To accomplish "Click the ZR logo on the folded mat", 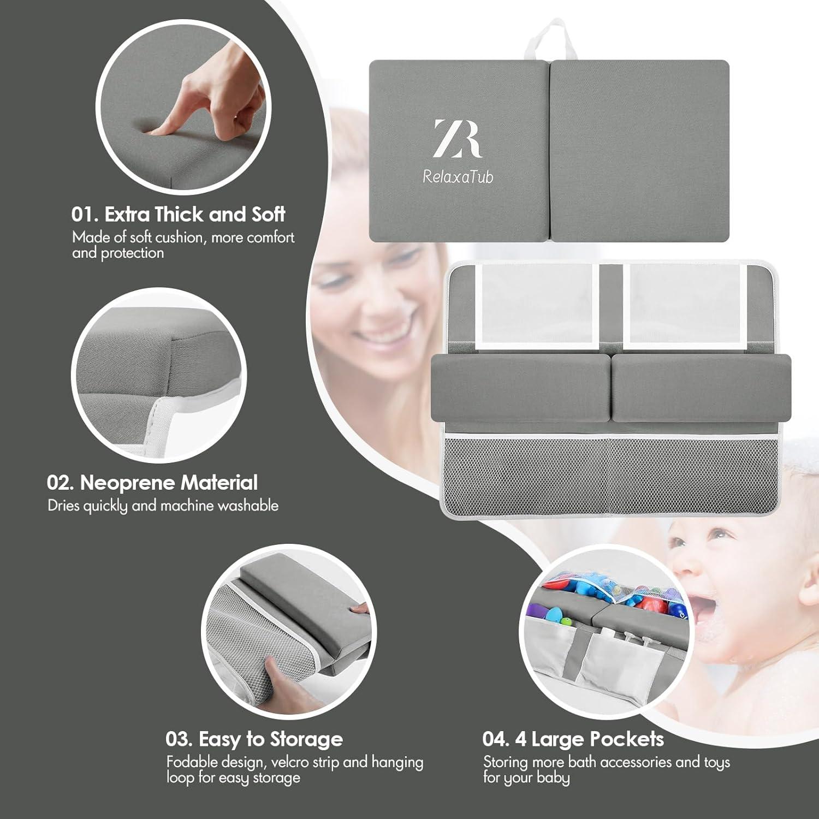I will pos(457,139).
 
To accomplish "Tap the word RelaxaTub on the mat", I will pos(458,176).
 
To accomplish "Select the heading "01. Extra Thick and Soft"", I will pos(178,214).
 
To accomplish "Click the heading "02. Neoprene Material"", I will pos(152,483).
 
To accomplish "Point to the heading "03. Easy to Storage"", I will pos(254,739).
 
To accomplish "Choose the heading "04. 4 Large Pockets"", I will pos(573,739).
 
